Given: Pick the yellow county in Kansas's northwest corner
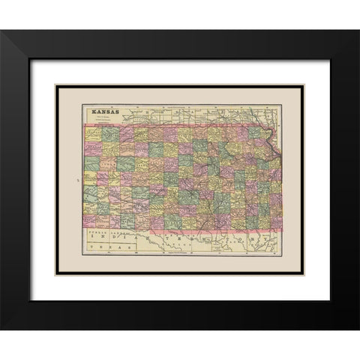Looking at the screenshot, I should pos(91,136).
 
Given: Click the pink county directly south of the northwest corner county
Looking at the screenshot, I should pos(91,150).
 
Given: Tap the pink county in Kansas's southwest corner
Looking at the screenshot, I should pos(89,222).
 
